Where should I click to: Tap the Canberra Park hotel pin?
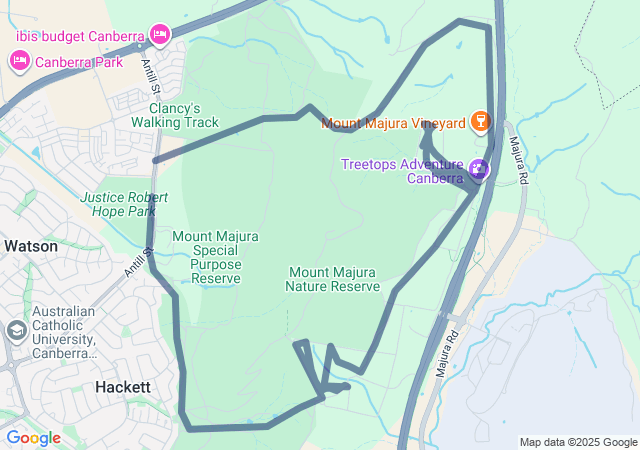(19, 61)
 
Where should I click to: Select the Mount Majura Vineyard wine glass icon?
(480, 123)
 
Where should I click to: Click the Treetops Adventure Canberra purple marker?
(479, 169)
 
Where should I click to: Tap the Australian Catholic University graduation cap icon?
(17, 330)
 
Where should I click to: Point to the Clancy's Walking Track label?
(174, 115)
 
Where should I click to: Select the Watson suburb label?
(31, 246)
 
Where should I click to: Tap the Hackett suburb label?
(123, 386)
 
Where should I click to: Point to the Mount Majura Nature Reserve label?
(334, 279)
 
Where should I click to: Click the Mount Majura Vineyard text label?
(393, 124)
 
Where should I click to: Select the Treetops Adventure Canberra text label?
(401, 171)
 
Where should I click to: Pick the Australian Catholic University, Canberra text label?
(63, 332)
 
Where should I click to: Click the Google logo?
(33, 438)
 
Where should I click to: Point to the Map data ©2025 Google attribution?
(577, 442)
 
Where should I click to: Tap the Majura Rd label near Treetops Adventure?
(517, 160)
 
